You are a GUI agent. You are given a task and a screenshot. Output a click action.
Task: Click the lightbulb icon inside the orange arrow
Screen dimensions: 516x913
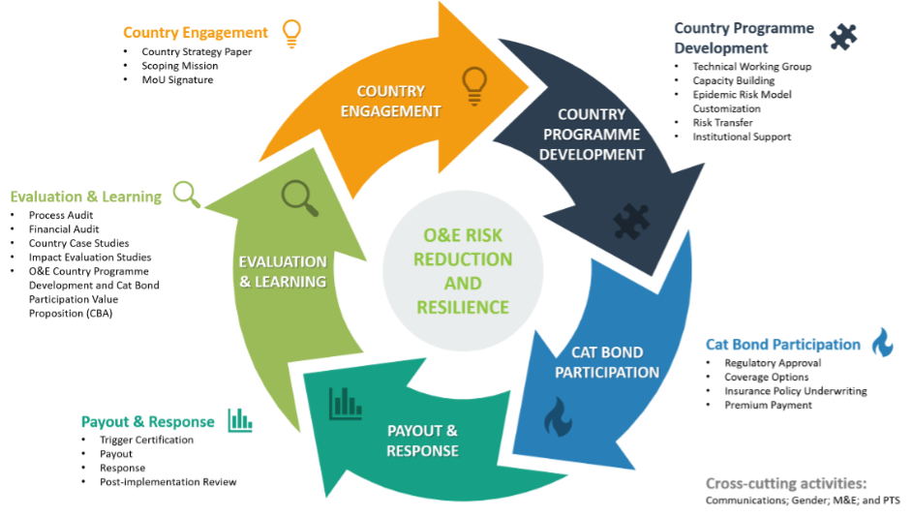tap(473, 85)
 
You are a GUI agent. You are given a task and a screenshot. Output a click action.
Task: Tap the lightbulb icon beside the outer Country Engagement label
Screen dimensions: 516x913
tap(290, 33)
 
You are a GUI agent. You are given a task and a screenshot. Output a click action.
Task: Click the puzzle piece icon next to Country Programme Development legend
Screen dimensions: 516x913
tap(842, 37)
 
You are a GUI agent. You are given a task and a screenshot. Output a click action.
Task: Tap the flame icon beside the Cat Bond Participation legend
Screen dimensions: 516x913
tap(882, 343)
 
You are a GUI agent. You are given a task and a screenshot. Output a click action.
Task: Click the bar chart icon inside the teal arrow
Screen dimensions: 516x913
tap(345, 403)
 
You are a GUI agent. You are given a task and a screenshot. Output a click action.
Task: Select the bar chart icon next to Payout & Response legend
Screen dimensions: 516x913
tap(239, 420)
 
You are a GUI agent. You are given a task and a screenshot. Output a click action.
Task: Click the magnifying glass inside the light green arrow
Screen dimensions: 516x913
tap(299, 197)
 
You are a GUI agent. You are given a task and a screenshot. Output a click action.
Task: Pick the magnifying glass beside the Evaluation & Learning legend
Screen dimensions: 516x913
tap(187, 195)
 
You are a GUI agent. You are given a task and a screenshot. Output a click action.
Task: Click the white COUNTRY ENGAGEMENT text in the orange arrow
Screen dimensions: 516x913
tap(398, 101)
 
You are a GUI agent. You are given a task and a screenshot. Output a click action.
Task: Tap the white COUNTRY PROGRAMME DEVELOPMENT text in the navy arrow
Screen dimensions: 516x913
tap(592, 135)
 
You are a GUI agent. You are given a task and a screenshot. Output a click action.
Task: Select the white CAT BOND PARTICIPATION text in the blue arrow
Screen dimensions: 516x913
tap(607, 362)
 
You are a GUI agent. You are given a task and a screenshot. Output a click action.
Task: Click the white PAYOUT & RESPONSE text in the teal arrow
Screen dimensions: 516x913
tap(422, 440)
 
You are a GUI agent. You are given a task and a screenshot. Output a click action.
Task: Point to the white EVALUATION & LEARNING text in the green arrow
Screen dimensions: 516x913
tap(283, 271)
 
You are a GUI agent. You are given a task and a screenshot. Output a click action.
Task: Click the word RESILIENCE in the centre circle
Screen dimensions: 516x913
tap(462, 308)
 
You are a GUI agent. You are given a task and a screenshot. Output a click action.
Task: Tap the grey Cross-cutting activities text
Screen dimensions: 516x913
tap(785, 483)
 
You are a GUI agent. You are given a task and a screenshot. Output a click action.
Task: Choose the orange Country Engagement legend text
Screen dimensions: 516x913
tap(196, 33)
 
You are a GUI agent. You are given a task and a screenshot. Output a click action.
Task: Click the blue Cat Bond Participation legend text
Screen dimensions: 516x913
tap(782, 345)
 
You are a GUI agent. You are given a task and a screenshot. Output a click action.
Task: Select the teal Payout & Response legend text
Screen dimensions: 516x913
tap(148, 422)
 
